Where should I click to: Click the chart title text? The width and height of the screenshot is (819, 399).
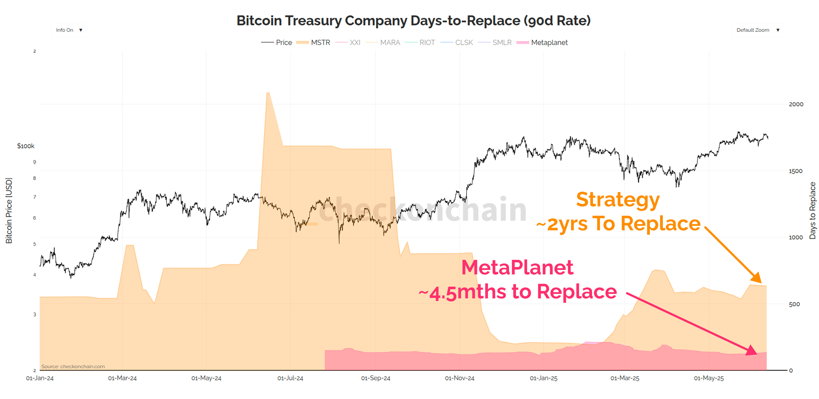413,21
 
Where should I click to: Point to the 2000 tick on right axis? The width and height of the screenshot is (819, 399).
796,104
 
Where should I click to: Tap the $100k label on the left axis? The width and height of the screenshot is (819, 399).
25,146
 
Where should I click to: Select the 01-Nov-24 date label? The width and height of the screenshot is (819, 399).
460,378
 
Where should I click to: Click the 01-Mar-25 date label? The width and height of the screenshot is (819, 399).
625,378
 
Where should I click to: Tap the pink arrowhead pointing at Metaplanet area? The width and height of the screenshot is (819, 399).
752,350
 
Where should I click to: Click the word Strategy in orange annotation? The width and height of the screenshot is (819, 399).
618,200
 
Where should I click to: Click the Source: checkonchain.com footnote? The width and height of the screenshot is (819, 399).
73,366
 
